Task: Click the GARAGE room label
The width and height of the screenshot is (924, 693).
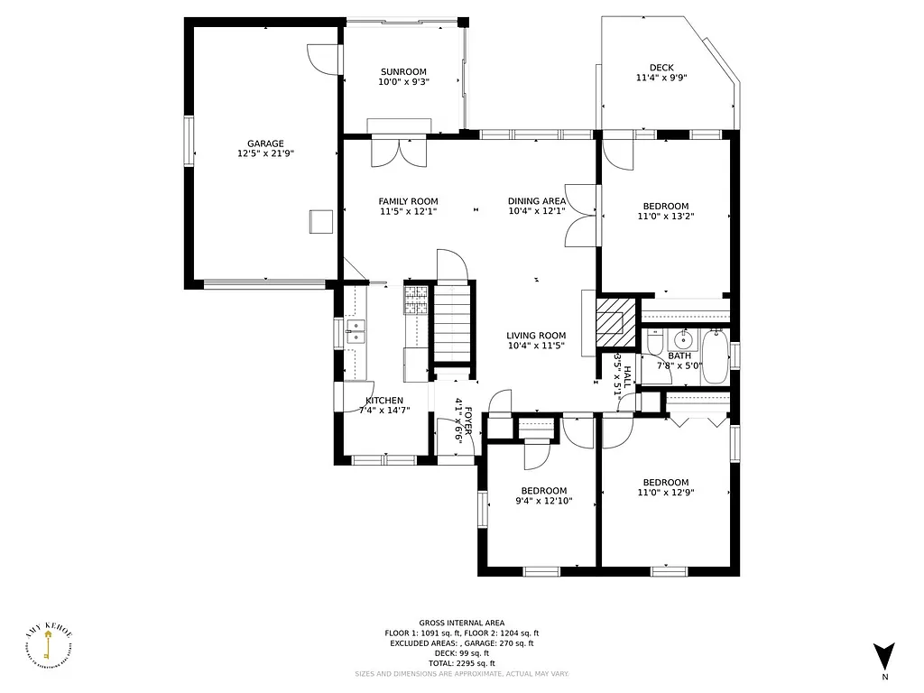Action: click(265, 143)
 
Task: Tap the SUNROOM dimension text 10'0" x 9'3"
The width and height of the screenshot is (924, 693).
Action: click(403, 82)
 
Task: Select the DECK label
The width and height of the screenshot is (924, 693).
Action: click(661, 68)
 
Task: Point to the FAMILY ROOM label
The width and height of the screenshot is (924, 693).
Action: click(408, 201)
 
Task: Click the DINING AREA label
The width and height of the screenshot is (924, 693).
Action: click(537, 201)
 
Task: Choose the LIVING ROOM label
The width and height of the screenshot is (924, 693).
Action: click(536, 336)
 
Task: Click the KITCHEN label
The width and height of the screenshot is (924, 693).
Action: click(384, 401)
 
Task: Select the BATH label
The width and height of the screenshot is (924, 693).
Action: click(679, 356)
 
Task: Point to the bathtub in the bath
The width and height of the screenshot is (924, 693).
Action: click(716, 358)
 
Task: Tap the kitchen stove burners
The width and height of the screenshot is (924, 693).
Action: click(416, 293)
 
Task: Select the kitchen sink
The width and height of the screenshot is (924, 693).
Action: click(356, 332)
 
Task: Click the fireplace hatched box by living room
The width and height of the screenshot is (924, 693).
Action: click(615, 319)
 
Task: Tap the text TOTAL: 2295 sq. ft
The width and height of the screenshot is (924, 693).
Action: click(461, 663)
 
